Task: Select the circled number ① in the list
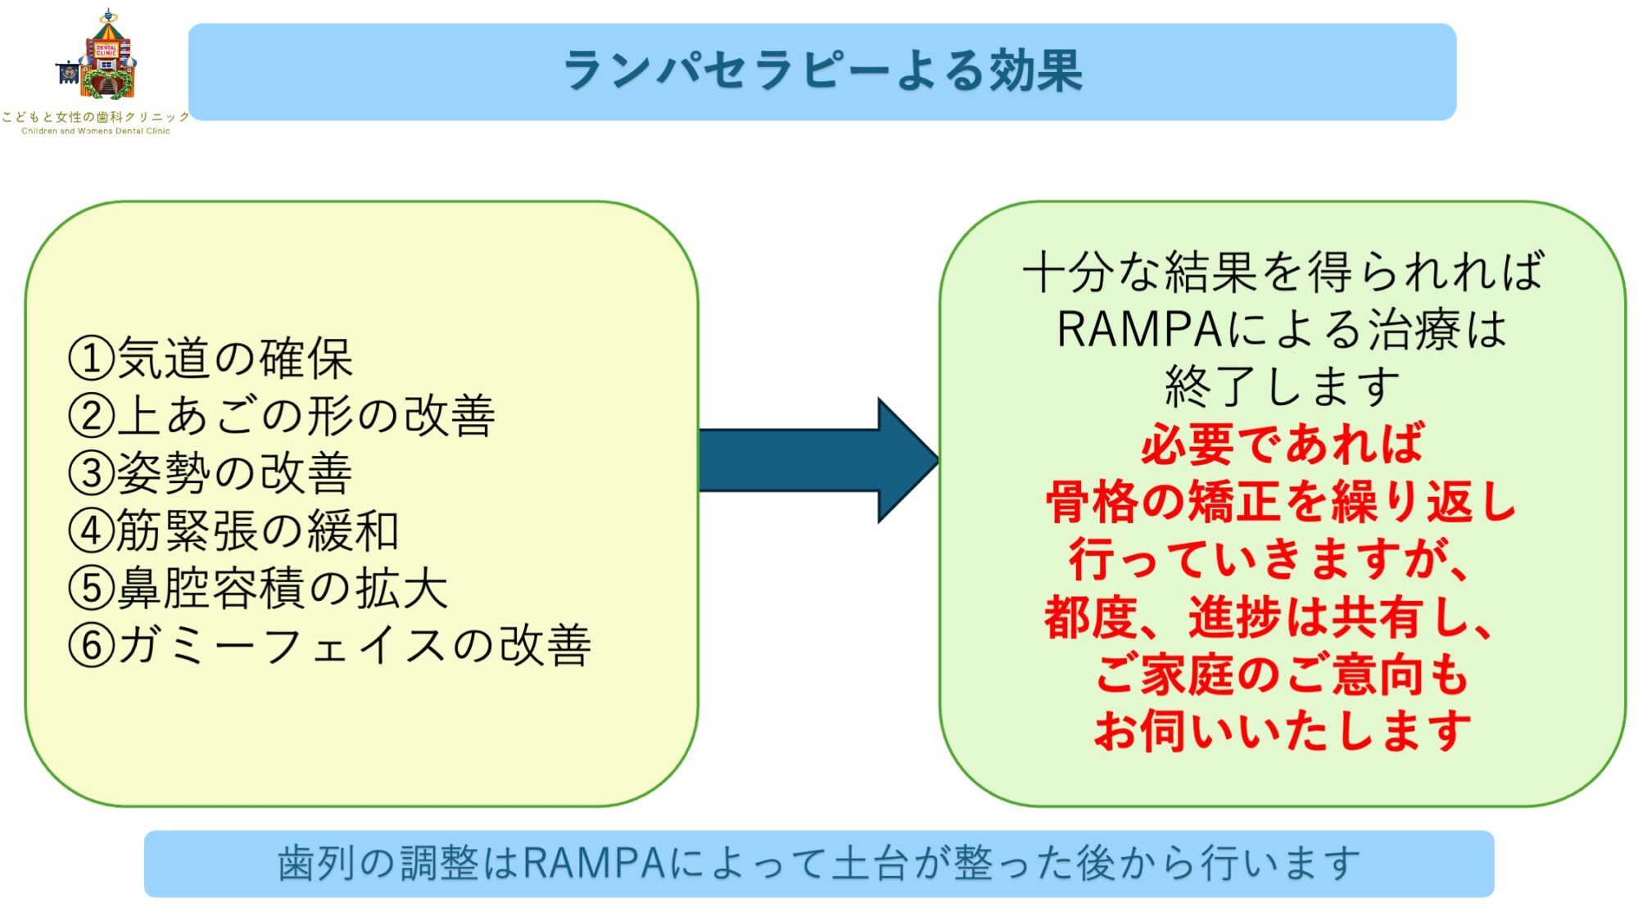pos(91,359)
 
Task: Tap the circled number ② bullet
pos(91,416)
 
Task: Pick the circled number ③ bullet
pos(91,474)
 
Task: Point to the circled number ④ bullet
pos(91,531)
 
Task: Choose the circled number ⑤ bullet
pos(91,589)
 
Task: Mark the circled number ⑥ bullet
pos(91,646)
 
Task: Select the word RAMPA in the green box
pos(1139,330)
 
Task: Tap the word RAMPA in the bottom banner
pos(595,864)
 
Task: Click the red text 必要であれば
pos(1283,445)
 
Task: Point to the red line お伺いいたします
pos(1283,731)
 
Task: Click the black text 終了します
pos(1283,387)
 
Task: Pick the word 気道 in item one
pos(164,359)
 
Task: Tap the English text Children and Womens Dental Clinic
pos(96,131)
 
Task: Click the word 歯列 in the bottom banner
pos(316,864)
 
